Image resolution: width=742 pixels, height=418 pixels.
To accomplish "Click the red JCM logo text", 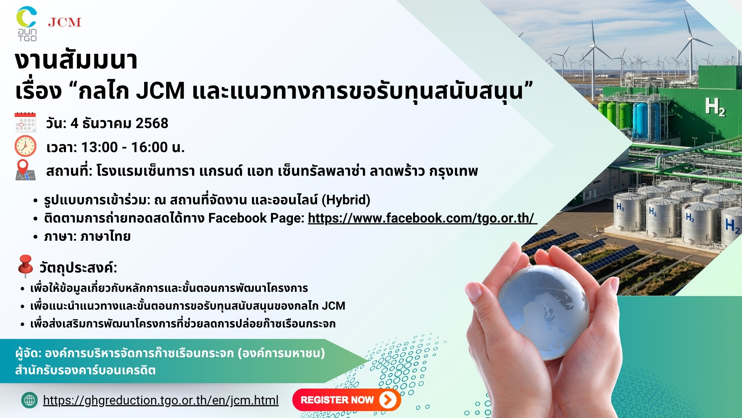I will (65, 22).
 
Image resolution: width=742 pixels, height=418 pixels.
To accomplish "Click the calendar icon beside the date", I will (25, 122).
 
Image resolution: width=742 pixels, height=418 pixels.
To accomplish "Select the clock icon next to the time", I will (26, 146).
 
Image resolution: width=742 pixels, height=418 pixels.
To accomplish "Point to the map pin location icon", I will (25, 170).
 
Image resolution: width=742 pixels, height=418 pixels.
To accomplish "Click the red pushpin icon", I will (26, 266).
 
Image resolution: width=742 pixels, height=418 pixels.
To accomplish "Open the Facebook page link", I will (422, 218).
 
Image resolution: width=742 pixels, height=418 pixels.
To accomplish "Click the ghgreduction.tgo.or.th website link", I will (161, 400).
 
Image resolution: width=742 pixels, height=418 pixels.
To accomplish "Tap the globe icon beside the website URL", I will (29, 400).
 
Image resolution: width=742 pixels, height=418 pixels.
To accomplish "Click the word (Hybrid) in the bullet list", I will (348, 200).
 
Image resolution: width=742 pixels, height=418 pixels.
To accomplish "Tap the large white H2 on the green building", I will (715, 106).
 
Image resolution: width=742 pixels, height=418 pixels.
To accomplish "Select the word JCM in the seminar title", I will (160, 91).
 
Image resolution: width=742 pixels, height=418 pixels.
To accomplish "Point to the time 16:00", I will (149, 147).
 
